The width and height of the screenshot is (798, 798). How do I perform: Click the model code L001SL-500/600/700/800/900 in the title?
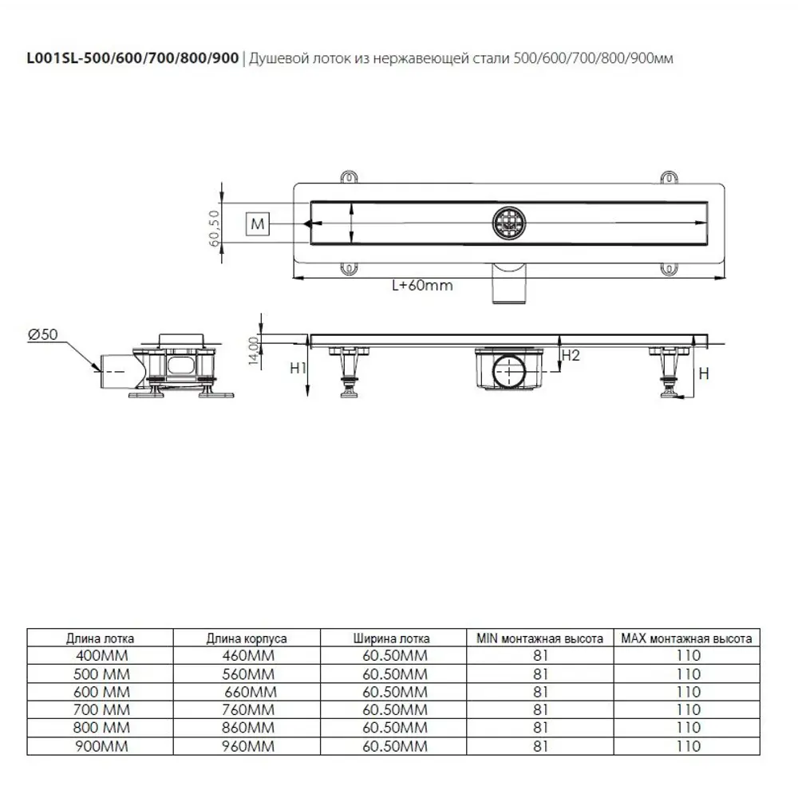click(x=132, y=58)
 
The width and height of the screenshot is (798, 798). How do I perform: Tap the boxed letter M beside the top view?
click(x=258, y=224)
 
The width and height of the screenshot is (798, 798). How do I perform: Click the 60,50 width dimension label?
click(x=214, y=228)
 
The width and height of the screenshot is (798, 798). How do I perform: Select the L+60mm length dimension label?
click(x=422, y=285)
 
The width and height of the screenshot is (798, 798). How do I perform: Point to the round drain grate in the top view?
click(x=509, y=223)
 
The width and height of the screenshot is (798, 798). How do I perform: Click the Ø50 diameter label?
click(x=43, y=334)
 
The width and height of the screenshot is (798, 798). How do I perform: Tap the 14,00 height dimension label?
click(x=254, y=350)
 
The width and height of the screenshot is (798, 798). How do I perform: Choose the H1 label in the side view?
click(x=298, y=368)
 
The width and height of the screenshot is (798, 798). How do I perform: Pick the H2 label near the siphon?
click(x=571, y=355)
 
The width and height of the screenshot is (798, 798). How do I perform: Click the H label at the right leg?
click(x=704, y=374)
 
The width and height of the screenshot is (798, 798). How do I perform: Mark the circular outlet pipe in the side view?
click(x=509, y=372)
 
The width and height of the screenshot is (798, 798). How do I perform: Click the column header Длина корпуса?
click(x=247, y=638)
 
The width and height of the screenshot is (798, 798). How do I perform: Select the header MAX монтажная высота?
click(x=686, y=638)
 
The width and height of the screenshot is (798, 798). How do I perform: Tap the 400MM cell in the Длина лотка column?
click(x=102, y=655)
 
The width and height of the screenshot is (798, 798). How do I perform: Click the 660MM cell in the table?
click(x=251, y=692)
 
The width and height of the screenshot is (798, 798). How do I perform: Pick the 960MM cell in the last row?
click(x=248, y=747)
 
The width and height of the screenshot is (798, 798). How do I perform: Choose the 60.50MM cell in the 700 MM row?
click(x=395, y=710)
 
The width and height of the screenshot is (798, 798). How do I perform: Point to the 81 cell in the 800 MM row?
click(x=540, y=729)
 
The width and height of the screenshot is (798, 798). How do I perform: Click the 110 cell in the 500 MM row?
click(x=689, y=674)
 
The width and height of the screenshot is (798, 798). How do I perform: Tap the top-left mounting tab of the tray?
click(x=349, y=176)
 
